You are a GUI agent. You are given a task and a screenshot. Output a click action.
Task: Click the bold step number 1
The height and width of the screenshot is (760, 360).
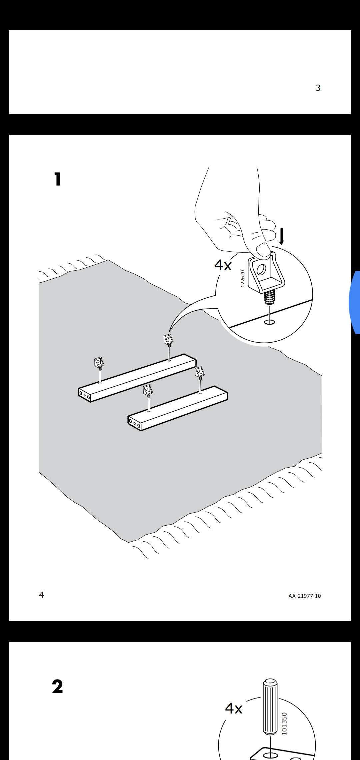coord(58,179)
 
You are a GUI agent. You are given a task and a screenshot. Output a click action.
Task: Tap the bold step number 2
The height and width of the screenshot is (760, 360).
coord(57,687)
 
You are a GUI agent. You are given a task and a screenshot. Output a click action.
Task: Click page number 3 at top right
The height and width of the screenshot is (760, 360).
coord(318,88)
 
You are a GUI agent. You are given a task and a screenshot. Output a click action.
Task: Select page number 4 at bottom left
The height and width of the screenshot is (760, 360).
coord(41,595)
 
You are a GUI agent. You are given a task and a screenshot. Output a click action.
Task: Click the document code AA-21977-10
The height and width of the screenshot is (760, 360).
coord(305,596)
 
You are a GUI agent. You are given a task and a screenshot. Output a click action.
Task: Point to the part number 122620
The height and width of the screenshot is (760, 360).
coord(242,279)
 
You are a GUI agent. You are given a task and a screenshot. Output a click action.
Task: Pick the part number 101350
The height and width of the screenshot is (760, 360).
coord(284,723)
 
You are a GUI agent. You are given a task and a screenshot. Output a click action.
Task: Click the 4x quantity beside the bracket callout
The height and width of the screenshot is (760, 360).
coord(223,265)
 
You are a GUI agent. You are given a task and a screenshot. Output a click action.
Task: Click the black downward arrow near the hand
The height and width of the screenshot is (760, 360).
coord(282,236)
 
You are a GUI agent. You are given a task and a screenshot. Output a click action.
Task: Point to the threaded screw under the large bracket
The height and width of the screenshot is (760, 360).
coord(269,298)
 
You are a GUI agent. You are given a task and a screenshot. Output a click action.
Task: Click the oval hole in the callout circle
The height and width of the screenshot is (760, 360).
coord(269,322)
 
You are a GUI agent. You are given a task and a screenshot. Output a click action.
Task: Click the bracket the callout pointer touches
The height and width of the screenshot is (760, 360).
coord(169,340)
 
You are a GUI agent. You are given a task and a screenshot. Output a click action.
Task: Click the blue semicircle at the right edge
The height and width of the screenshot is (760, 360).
coord(355,302)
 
